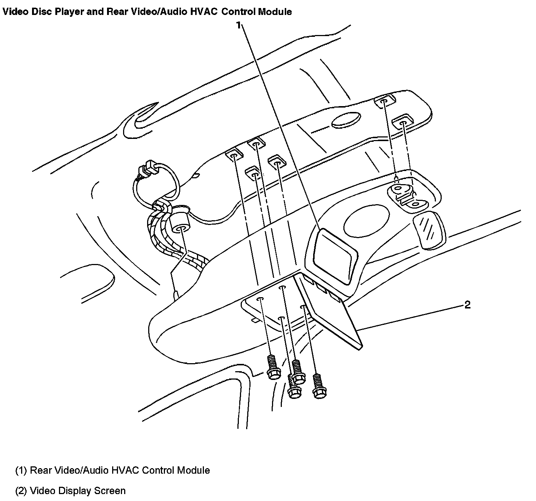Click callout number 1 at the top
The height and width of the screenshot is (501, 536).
[x=238, y=25]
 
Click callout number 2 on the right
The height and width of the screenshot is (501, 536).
[x=468, y=305]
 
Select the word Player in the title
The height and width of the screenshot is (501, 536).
[x=71, y=12]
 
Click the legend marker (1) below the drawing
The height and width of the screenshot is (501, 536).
[x=21, y=470]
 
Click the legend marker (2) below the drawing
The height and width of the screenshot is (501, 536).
[x=21, y=491]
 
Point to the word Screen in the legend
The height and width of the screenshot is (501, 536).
[x=110, y=491]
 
